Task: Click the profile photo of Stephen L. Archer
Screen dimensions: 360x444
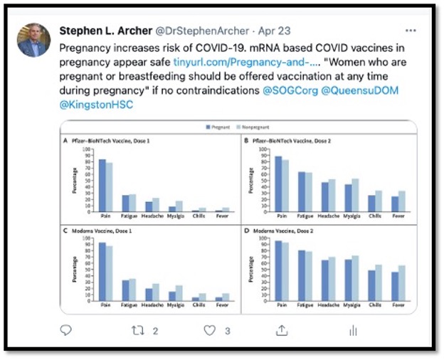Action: click(33, 40)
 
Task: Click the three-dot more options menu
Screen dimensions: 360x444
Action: click(411, 31)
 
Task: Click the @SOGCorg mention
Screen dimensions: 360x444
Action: click(294, 92)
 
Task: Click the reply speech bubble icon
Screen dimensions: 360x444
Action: click(66, 330)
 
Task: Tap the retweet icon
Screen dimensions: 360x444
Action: click(139, 330)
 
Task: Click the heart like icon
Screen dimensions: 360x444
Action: click(210, 330)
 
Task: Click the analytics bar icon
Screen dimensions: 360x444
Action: click(353, 330)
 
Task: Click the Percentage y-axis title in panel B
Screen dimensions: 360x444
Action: click(250, 180)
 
